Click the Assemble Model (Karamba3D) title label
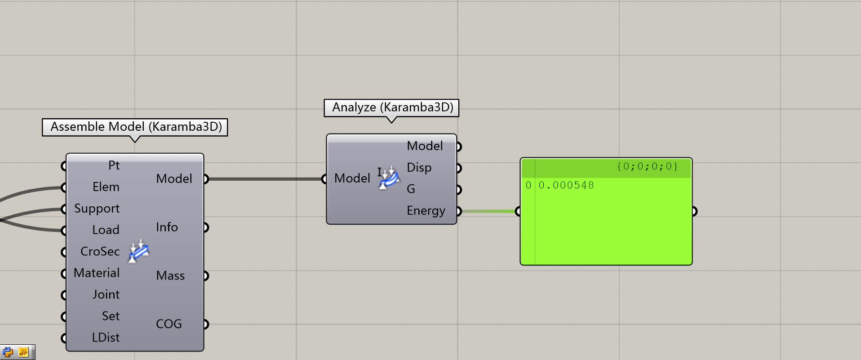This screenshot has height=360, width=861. pyautogui.click(x=135, y=127)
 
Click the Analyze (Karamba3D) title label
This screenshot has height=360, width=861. pyautogui.click(x=391, y=107)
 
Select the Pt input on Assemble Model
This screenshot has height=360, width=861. pyautogui.click(x=114, y=165)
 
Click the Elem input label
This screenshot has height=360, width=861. pyautogui.click(x=106, y=187)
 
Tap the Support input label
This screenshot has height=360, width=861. pyautogui.click(x=97, y=209)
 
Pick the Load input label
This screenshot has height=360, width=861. pyautogui.click(x=106, y=230)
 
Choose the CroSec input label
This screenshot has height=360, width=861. pyautogui.click(x=100, y=251)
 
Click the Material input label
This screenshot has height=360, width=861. pyautogui.click(x=97, y=273)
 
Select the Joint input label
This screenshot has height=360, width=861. pyautogui.click(x=106, y=294)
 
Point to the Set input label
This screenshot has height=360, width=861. pyautogui.click(x=111, y=316)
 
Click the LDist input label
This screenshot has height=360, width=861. pyautogui.click(x=106, y=338)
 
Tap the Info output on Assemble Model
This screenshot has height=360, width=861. pyautogui.click(x=167, y=227)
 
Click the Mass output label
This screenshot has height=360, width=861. pyautogui.click(x=170, y=276)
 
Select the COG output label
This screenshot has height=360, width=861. pyautogui.click(x=169, y=324)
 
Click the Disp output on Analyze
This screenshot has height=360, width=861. pyautogui.click(x=419, y=168)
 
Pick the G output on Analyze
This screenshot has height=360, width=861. pyautogui.click(x=411, y=189)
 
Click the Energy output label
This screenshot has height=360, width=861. pyautogui.click(x=426, y=211)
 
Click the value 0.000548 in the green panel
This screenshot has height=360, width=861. pyautogui.click(x=566, y=185)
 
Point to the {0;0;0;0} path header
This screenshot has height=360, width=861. pyautogui.click(x=647, y=167)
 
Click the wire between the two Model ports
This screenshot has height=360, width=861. pyautogui.click(x=265, y=179)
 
